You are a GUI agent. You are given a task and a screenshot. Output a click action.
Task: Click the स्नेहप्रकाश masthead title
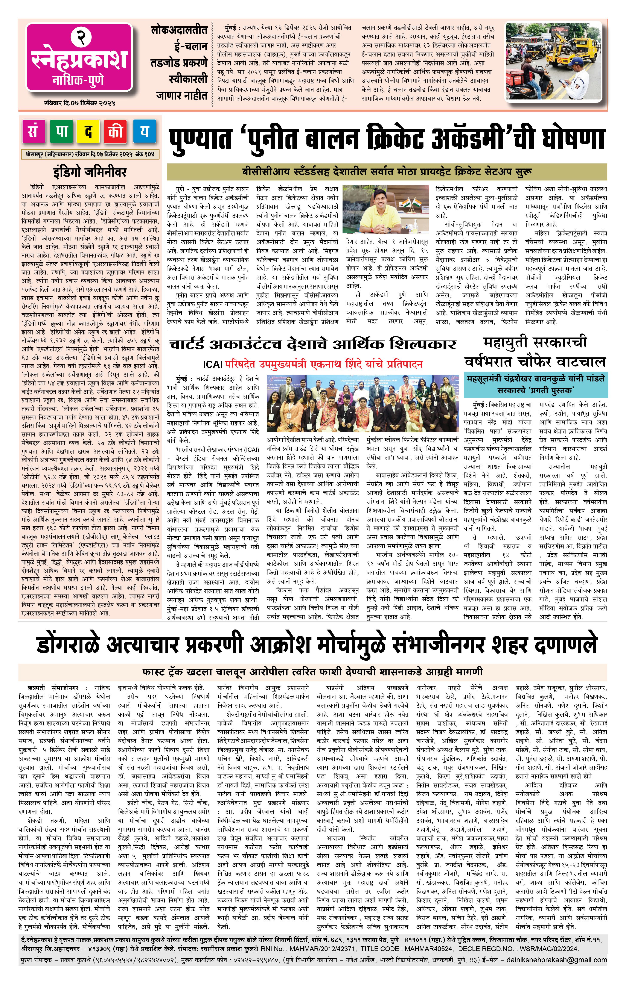click(x=79, y=61)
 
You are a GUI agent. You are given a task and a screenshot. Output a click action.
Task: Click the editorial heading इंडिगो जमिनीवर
click(x=90, y=172)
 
